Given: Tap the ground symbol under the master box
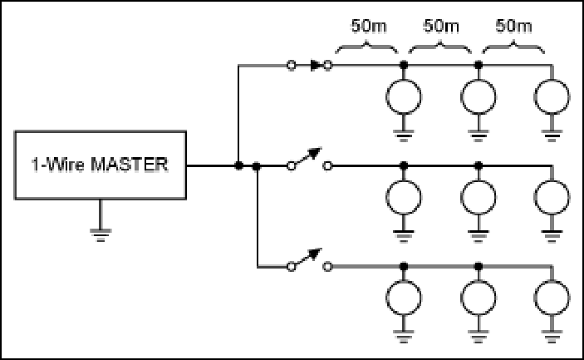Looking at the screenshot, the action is click(101, 235).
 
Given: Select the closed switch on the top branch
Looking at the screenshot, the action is click(310, 66).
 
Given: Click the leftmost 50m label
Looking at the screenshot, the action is click(369, 26).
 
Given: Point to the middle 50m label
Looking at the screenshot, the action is click(441, 26).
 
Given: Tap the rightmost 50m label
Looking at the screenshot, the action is click(513, 26).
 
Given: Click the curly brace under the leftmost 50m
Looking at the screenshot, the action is click(367, 45).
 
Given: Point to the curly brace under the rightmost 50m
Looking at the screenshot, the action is click(513, 45).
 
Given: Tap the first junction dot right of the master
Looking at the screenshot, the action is click(239, 165).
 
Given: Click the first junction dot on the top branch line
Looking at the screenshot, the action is click(404, 65).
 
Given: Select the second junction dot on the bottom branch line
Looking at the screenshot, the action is click(479, 266).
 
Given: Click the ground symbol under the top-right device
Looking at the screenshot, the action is click(552, 136).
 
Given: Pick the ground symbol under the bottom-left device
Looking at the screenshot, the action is click(404, 336).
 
